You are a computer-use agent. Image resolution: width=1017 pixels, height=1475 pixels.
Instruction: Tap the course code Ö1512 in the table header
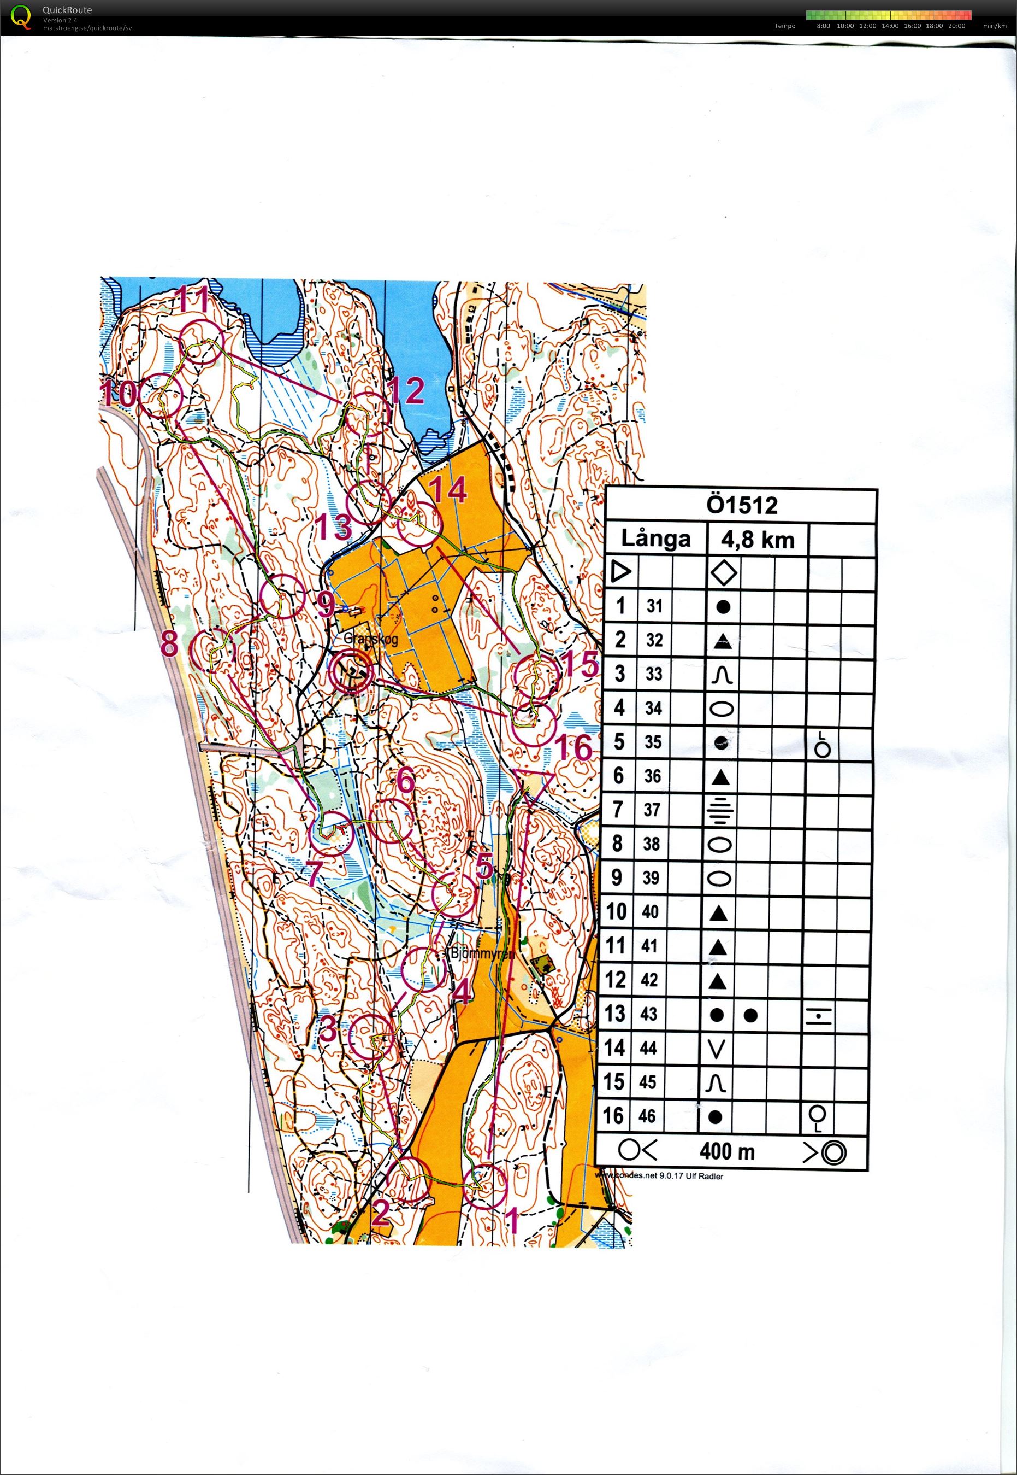(742, 506)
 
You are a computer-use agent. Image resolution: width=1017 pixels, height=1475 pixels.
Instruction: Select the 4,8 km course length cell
(758, 540)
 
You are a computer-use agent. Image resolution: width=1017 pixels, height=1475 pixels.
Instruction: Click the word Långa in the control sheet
(655, 540)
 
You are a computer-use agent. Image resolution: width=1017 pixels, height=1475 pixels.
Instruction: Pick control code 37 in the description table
(651, 810)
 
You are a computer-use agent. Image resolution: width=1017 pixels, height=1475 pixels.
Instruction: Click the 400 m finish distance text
(727, 1152)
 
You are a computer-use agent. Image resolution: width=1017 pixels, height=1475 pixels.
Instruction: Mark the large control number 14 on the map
(448, 490)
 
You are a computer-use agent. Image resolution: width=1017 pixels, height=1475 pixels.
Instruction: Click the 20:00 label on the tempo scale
(956, 26)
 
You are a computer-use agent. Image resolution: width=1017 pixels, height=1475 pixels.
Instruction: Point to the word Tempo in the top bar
(784, 26)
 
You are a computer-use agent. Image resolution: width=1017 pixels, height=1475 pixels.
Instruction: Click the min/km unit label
(995, 26)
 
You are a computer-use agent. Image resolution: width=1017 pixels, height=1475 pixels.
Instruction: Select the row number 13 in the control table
(615, 1014)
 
